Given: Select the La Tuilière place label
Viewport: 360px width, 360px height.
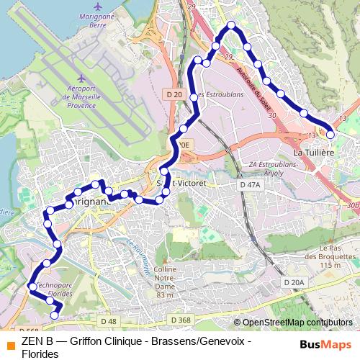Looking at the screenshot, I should (312, 153).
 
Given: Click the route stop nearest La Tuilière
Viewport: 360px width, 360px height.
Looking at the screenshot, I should (330, 135).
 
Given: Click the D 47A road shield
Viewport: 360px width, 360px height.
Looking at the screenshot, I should (249, 185).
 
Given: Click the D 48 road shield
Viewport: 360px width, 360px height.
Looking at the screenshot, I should (108, 320).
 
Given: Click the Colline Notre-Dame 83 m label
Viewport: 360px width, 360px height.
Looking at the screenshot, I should (164, 282).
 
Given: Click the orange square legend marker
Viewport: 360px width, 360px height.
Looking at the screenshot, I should (9, 343).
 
